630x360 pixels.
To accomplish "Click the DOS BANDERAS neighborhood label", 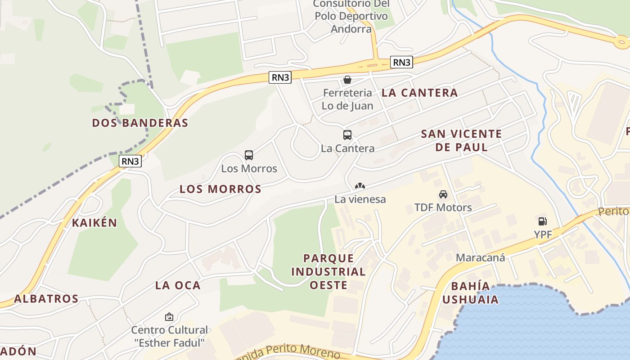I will [140, 123].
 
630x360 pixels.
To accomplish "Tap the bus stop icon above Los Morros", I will [249, 155].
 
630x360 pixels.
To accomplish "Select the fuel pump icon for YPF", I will [543, 221].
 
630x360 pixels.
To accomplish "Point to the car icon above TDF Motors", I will [443, 194].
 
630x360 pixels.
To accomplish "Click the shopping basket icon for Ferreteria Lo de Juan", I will [347, 80].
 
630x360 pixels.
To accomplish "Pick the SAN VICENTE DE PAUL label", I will [461, 140].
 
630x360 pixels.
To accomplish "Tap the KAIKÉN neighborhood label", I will [94, 223].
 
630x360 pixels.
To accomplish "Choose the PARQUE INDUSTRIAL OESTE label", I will [328, 271].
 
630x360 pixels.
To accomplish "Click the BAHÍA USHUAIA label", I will [470, 292].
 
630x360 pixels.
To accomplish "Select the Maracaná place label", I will [480, 258].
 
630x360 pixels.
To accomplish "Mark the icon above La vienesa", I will [360, 186].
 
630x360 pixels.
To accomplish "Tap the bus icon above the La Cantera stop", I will [347, 135].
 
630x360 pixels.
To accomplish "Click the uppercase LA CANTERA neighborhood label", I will [419, 93].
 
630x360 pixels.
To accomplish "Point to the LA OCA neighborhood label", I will [178, 285].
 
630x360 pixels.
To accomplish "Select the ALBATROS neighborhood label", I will [46, 299].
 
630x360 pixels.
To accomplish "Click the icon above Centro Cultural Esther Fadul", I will [169, 317].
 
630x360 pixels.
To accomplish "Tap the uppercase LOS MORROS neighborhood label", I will [220, 189].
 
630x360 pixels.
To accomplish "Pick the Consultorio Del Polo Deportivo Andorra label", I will [351, 17].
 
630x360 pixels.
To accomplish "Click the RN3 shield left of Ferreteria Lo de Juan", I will [280, 77].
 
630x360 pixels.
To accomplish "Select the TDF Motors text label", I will [443, 207].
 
